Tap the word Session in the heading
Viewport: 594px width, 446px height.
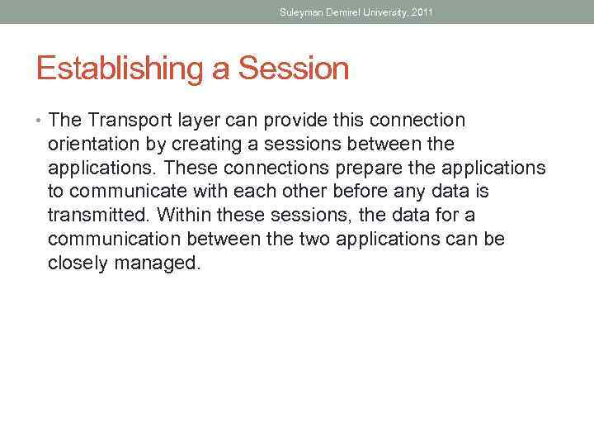click(x=294, y=69)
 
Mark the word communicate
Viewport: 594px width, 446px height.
click(x=128, y=192)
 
